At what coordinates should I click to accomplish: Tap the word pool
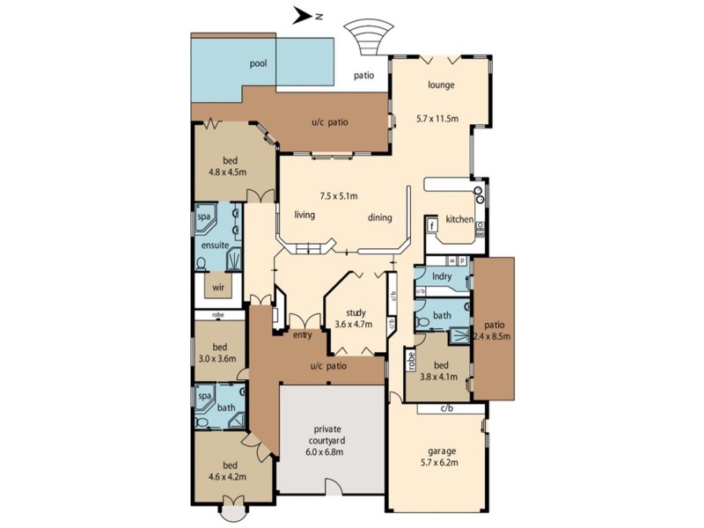[x=258, y=63]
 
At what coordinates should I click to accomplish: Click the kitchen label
[x=459, y=219]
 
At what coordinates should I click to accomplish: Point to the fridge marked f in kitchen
[x=433, y=225]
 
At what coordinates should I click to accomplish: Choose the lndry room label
[x=442, y=276]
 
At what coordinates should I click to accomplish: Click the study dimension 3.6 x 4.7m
[x=354, y=324]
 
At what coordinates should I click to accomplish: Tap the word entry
[x=303, y=334]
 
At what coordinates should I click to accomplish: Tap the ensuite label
[x=215, y=246]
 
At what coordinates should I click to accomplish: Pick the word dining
[x=379, y=218]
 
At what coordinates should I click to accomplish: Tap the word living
[x=304, y=214]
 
